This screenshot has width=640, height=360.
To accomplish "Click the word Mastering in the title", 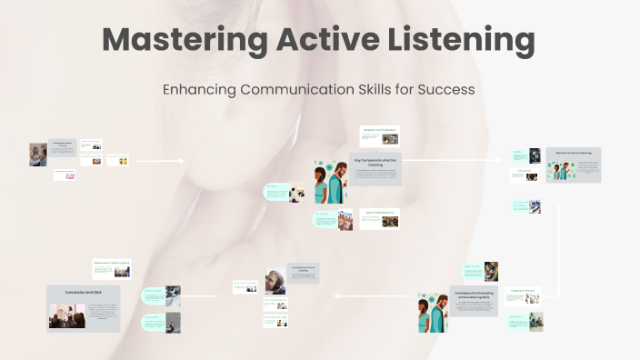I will click(x=182, y=40).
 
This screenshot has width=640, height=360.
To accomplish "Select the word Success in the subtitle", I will click(x=444, y=90).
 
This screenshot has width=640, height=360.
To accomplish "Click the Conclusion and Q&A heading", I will click(x=84, y=292).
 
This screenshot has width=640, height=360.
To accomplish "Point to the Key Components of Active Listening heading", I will click(x=375, y=163).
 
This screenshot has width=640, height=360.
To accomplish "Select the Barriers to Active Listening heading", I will click(x=574, y=153).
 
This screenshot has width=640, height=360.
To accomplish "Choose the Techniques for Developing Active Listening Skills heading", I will click(x=473, y=294).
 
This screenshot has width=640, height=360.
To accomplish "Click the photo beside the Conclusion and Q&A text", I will click(x=66, y=315).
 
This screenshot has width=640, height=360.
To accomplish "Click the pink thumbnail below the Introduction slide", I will click(x=65, y=175).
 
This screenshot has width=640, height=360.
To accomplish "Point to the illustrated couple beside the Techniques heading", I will click(x=433, y=312).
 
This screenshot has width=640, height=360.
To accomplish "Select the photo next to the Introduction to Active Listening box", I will click(x=37, y=155).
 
